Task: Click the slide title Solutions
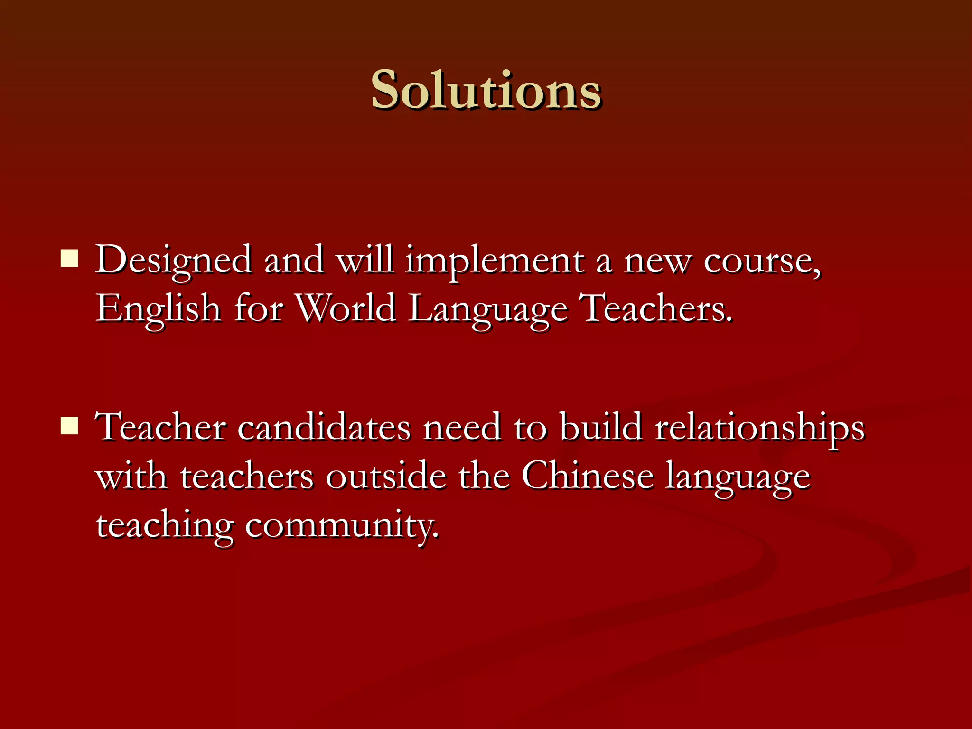486,90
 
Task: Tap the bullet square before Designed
70,259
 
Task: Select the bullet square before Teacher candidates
70,426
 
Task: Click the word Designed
173,261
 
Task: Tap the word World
346,308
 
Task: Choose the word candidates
324,427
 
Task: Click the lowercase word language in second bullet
738,478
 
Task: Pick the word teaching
165,527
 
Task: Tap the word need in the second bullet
462,427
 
